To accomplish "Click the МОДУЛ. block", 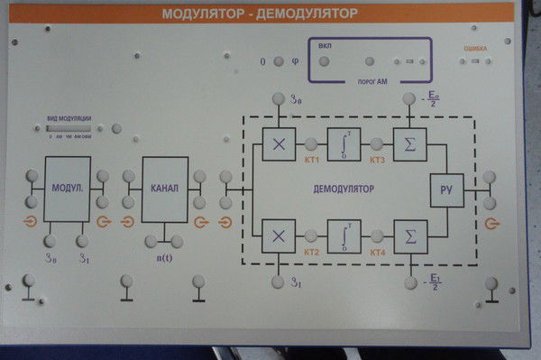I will tap(68, 189).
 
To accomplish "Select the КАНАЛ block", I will tap(166, 189).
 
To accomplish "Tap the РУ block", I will tap(445, 189).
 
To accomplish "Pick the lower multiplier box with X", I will tap(279, 236).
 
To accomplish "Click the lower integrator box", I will tap(344, 236).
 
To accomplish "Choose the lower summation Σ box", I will tap(410, 236).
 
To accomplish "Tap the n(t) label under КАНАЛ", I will tap(165, 259).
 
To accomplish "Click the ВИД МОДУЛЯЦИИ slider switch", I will tap(69, 128).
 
